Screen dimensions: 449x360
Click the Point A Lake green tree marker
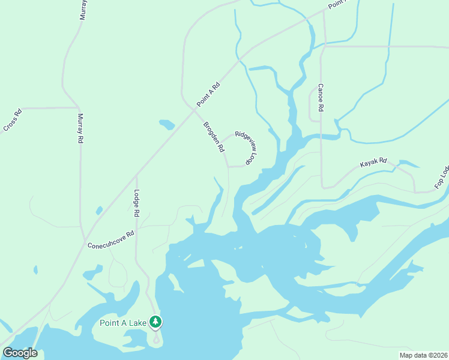click(x=155, y=322)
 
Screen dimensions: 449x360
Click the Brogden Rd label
click(x=214, y=136)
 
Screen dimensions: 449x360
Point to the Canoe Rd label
click(x=321, y=97)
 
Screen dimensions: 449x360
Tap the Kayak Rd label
click(x=373, y=163)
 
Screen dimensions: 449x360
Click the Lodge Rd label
click(x=137, y=204)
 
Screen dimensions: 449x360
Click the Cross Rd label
click(x=13, y=120)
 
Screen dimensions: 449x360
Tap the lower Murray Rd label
click(x=80, y=128)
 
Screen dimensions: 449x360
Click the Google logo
click(x=20, y=353)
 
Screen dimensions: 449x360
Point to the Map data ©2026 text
click(x=423, y=355)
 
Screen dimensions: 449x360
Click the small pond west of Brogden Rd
click(x=167, y=125)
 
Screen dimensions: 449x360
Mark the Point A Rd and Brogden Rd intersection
click(x=194, y=109)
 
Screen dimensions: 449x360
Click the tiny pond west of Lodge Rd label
click(x=99, y=211)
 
